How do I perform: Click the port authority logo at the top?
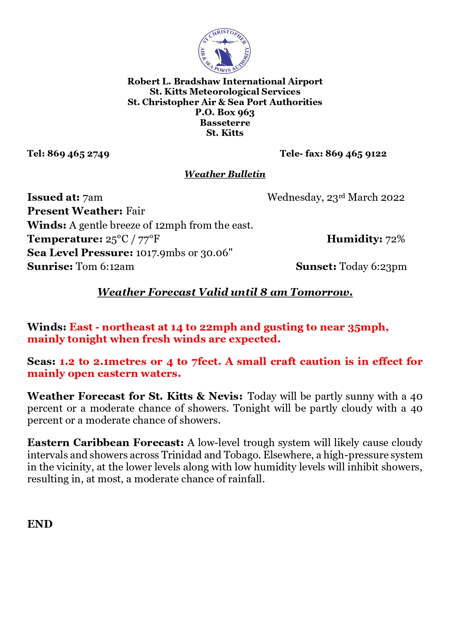click(x=224, y=51)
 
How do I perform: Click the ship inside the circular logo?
click(x=224, y=56)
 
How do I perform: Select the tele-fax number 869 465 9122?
click(x=356, y=154)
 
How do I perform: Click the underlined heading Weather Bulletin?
click(x=225, y=174)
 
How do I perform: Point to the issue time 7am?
click(x=92, y=198)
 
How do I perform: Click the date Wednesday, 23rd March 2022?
click(x=336, y=198)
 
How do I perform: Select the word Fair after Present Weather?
click(x=135, y=211)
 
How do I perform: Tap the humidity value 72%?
click(x=395, y=239)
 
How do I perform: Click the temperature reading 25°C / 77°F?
click(x=133, y=239)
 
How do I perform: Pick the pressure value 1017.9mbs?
click(x=161, y=253)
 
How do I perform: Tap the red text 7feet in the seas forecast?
click(x=206, y=362)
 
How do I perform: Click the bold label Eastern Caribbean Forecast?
click(x=106, y=443)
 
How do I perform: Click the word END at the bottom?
click(x=40, y=524)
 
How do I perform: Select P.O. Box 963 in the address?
click(x=225, y=113)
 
